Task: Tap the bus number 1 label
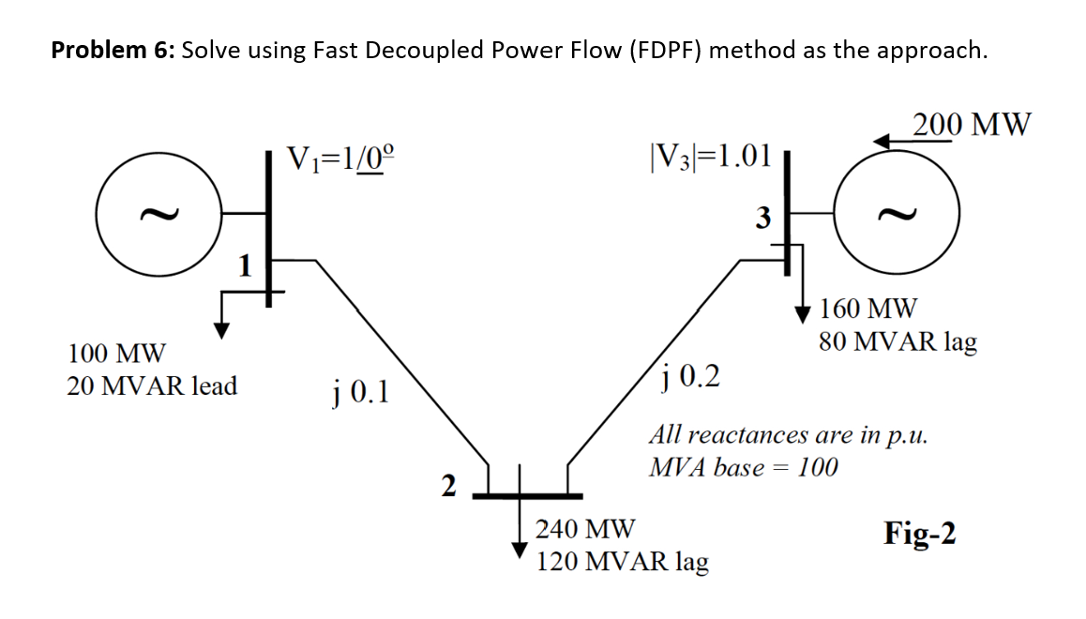pyautogui.click(x=245, y=267)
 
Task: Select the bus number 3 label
pyautogui.click(x=762, y=219)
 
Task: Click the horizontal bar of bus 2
pyautogui.click(x=526, y=495)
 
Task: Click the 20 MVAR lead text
pyautogui.click(x=152, y=385)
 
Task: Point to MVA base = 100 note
pyautogui.click(x=744, y=466)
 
